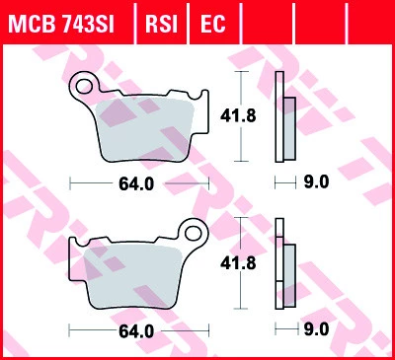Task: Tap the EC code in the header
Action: [x=212, y=23]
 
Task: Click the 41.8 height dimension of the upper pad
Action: [x=232, y=116]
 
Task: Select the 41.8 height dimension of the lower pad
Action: [x=232, y=263]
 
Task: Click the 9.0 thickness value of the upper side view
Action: [x=315, y=181]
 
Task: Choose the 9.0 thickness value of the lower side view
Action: [x=315, y=331]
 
